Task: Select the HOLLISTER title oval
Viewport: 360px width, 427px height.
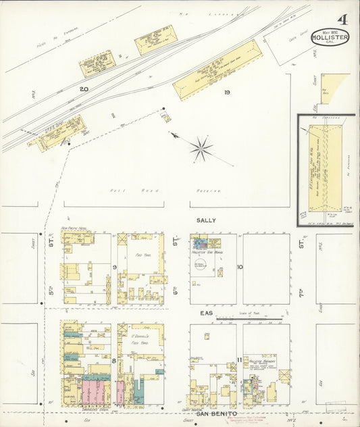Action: [330, 37]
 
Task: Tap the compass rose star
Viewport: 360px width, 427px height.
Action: [201, 149]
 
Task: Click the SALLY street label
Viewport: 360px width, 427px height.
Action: [205, 220]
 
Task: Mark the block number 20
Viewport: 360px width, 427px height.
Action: [84, 89]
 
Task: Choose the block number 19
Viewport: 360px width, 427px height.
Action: [228, 93]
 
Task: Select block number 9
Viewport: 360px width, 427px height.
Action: [115, 267]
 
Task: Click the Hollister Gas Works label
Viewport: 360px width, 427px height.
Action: [206, 251]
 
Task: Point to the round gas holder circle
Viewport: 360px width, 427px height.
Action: [201, 263]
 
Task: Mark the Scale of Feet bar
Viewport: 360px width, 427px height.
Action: [250, 317]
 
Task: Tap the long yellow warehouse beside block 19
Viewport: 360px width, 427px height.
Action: [217, 70]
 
